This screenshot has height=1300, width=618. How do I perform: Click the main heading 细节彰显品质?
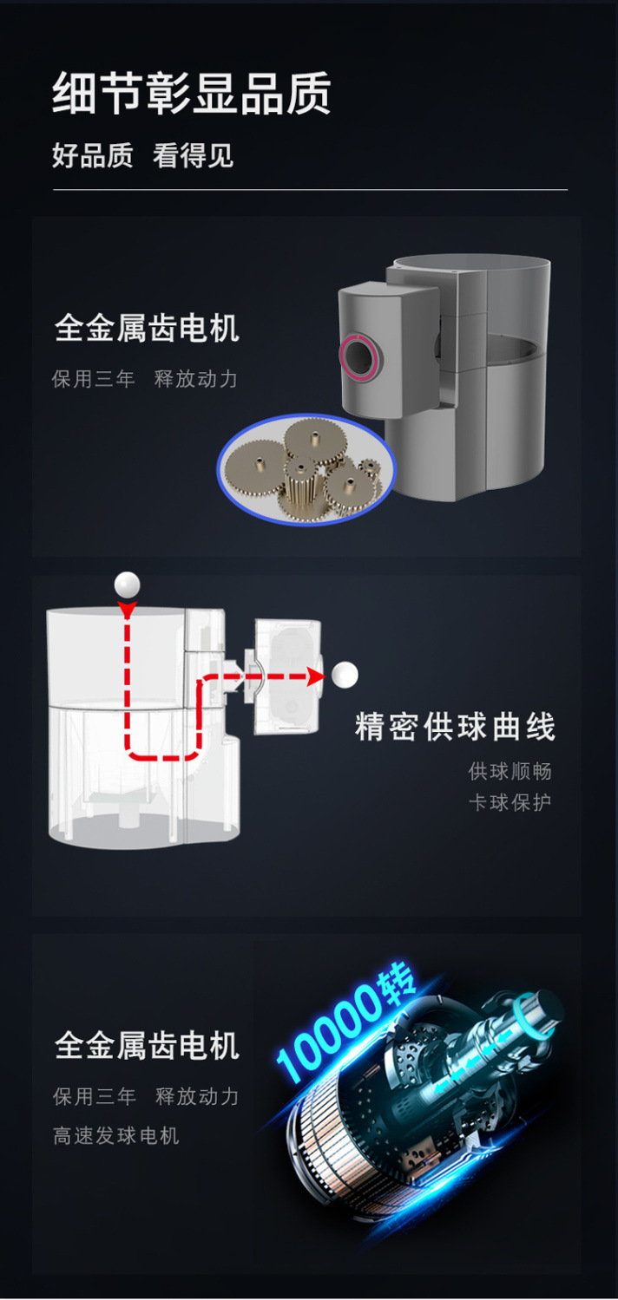click(192, 94)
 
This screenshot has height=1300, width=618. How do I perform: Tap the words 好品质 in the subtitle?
click(93, 156)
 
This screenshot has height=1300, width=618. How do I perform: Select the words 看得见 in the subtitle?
click(193, 156)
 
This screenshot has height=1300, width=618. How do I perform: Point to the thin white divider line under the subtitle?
click(310, 189)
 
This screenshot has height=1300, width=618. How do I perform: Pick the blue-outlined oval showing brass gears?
click(306, 469)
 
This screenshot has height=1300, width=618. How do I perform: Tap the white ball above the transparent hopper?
click(128, 585)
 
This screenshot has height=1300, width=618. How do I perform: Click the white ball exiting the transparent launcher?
click(345, 675)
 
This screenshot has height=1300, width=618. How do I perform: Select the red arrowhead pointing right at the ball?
click(314, 676)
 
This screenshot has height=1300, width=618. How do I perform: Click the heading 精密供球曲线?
click(455, 727)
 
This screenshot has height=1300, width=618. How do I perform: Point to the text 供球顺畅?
click(510, 771)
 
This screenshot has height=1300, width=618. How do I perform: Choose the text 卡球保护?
click(510, 802)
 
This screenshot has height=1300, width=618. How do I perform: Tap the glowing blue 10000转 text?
click(347, 1027)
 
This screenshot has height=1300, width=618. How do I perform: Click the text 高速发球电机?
click(116, 1135)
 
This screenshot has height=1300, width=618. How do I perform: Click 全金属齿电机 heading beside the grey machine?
click(147, 329)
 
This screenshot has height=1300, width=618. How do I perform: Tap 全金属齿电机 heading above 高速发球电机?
click(147, 1045)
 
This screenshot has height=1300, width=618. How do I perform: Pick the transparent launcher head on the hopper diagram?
click(287, 676)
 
